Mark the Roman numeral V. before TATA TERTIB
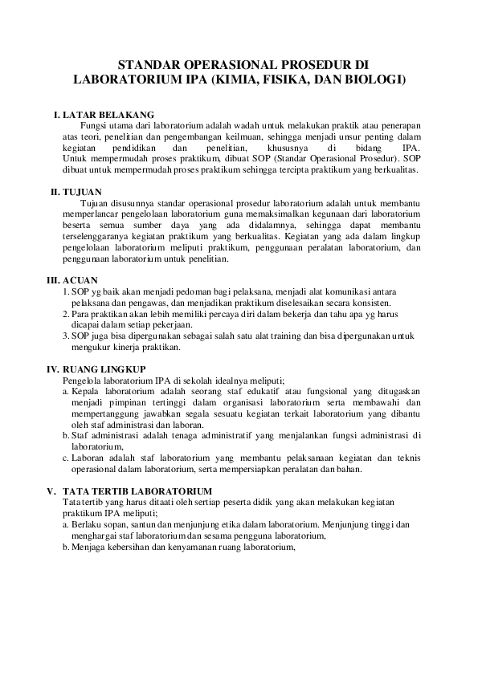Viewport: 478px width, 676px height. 51,491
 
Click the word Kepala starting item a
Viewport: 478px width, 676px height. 86,391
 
